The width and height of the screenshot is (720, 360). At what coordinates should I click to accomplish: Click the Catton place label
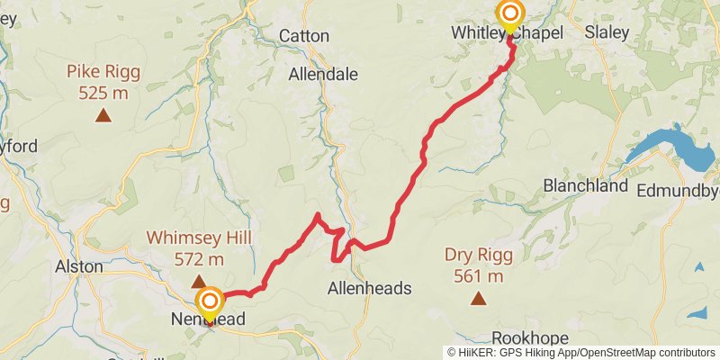click(x=304, y=36)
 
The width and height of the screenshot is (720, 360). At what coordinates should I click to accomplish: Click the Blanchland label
click(x=585, y=186)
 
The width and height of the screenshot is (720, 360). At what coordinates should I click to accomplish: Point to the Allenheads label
click(x=369, y=289)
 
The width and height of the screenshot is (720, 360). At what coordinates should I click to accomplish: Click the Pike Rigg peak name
click(x=104, y=71)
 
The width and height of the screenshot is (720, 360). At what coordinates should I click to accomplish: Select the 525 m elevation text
click(x=104, y=92)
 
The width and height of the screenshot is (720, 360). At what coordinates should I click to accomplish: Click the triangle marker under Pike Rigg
click(x=104, y=114)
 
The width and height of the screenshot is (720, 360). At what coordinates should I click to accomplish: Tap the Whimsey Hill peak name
click(x=197, y=238)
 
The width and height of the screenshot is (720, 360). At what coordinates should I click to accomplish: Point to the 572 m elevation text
click(x=197, y=260)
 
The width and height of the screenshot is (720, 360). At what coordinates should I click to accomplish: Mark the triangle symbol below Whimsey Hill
click(x=197, y=282)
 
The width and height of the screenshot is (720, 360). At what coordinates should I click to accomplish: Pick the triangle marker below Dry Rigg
click(x=477, y=298)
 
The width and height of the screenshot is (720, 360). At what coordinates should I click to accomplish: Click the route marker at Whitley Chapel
click(x=510, y=13)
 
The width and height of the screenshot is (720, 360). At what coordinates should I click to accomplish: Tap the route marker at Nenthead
click(x=210, y=301)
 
